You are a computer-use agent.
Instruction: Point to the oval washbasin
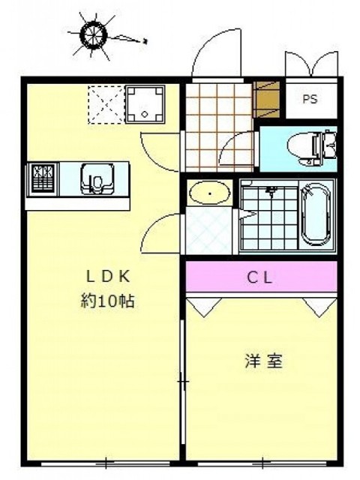tap(210, 195)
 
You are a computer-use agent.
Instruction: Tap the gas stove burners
tap(42, 179)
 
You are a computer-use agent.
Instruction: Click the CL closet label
tap(262, 277)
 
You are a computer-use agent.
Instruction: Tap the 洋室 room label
tap(262, 361)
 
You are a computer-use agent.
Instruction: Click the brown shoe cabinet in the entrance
tap(265, 98)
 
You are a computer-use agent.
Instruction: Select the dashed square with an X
tap(104, 103)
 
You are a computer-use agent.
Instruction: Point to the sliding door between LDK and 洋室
tap(182, 382)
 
